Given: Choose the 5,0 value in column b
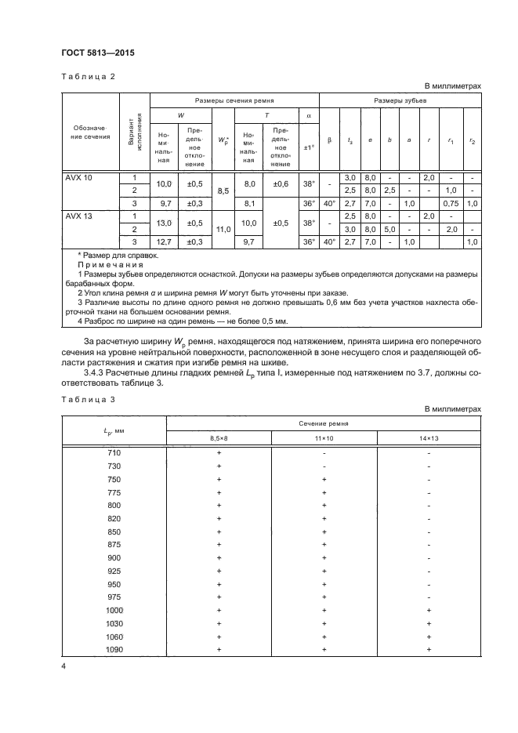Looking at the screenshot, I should (x=389, y=229).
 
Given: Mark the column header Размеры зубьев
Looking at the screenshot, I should (x=400, y=101).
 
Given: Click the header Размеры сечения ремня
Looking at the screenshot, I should (x=234, y=101).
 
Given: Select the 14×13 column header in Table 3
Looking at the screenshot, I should (x=428, y=437).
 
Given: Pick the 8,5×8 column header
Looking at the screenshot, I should (x=219, y=437).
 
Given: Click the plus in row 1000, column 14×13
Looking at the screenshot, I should (x=428, y=610).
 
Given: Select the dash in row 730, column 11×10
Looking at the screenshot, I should (x=324, y=466).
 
